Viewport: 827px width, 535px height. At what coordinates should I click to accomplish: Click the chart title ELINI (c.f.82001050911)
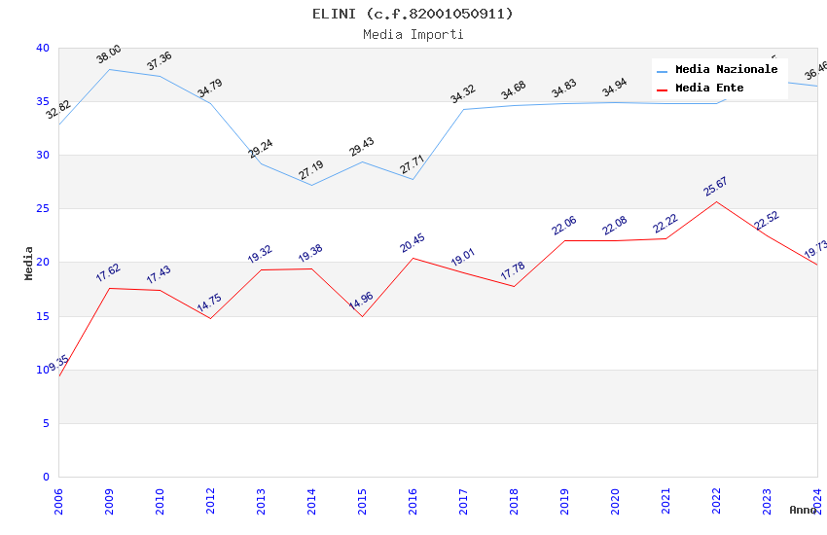click(x=413, y=14)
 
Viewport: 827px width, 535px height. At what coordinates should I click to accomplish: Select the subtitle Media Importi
click(x=413, y=35)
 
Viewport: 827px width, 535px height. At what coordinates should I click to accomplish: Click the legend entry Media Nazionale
click(x=726, y=70)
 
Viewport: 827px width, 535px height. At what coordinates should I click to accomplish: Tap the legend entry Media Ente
click(x=708, y=89)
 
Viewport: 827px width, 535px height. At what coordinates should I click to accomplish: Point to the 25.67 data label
click(x=716, y=186)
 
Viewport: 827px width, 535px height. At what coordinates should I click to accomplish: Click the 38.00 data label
click(x=109, y=54)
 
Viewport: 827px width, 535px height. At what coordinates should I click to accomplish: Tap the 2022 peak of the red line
click(x=717, y=201)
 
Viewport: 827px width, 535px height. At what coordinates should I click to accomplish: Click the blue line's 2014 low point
click(x=311, y=185)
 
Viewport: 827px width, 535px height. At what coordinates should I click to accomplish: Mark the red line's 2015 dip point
click(x=362, y=316)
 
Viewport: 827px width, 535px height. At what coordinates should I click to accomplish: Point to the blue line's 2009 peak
click(x=109, y=69)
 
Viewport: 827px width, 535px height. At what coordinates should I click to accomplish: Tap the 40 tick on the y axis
click(x=42, y=48)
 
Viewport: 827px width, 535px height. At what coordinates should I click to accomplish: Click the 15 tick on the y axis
click(x=42, y=316)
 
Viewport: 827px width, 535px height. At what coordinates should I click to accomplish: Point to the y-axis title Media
click(x=29, y=263)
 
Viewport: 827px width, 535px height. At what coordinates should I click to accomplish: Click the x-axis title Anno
click(x=803, y=510)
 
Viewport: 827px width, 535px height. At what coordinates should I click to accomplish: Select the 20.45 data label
click(x=413, y=242)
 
